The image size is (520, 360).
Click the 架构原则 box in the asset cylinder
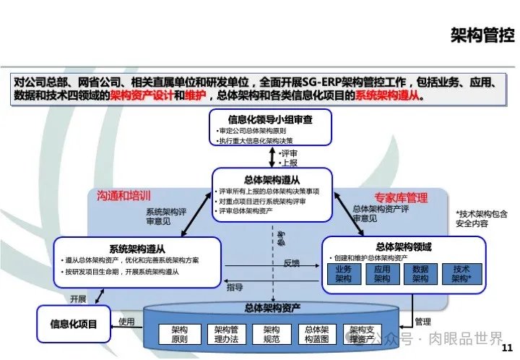coord(179,333)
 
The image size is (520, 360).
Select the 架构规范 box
coord(271,333)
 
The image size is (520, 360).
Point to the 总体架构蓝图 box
coord(316,333)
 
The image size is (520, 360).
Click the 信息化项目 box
coord(73,322)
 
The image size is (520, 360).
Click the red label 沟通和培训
coord(125,195)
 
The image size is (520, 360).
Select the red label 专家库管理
coord(400,197)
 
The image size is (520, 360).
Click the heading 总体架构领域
coord(402,247)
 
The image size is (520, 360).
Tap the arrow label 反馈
coord(292,262)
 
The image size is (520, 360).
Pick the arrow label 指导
coord(235,287)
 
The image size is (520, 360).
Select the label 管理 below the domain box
coord(424,320)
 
